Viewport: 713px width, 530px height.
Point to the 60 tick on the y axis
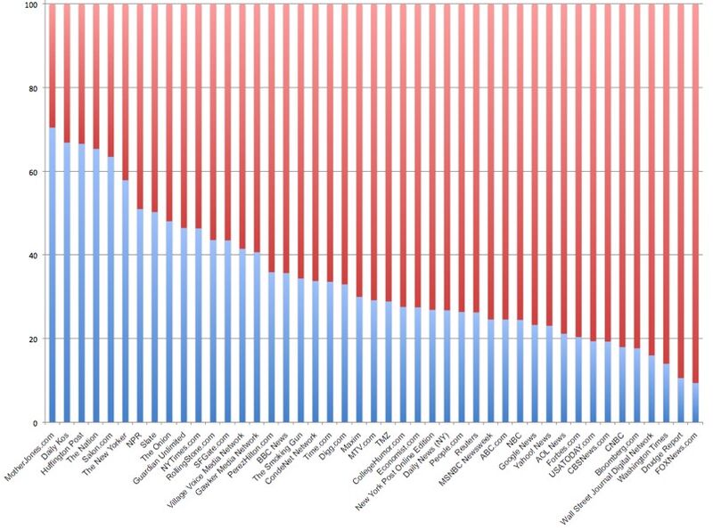coord(34,172)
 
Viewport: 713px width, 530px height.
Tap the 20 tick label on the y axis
coord(34,339)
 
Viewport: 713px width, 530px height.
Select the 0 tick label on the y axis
coord(37,423)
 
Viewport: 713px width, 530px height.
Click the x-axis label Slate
coord(148,436)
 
